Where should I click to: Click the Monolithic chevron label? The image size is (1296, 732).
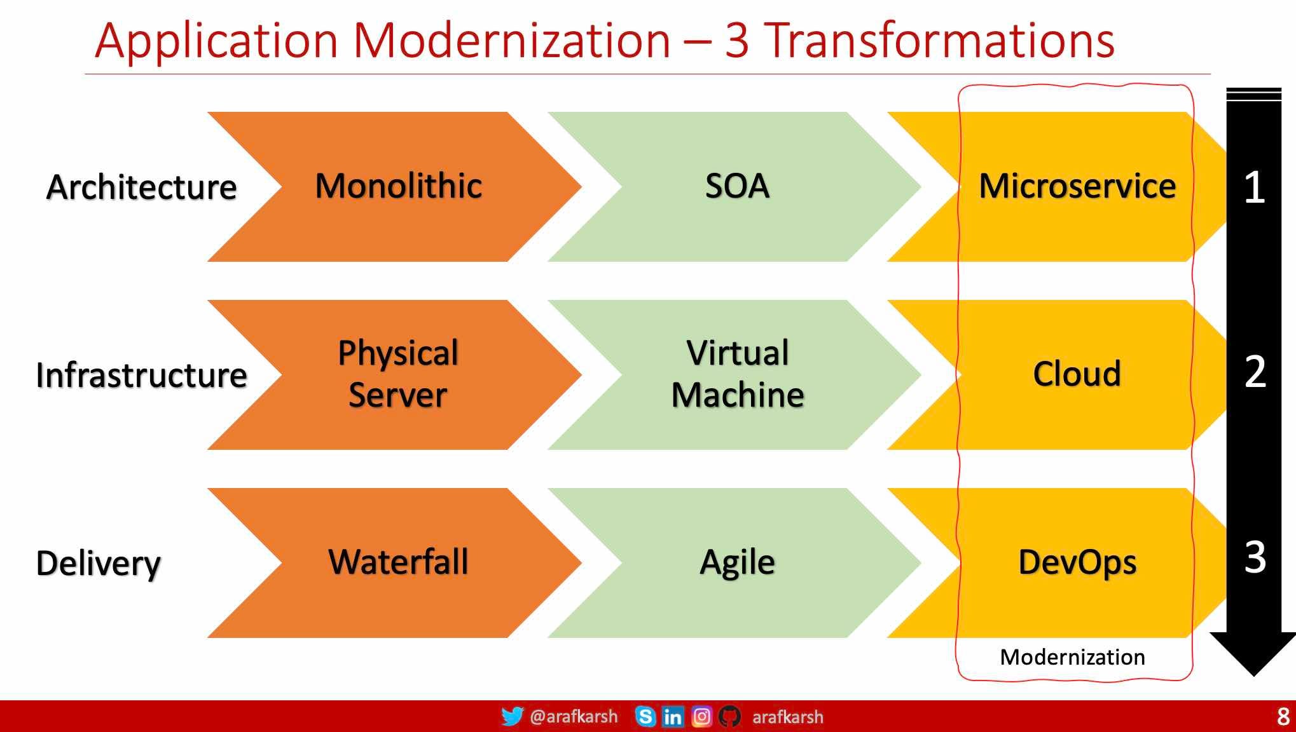(x=399, y=186)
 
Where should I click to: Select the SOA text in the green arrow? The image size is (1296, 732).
(x=738, y=186)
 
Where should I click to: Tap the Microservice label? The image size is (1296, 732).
(x=1077, y=186)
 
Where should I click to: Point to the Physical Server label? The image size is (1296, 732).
(x=398, y=374)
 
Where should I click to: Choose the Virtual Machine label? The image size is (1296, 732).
(x=738, y=374)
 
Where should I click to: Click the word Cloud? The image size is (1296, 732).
(x=1077, y=374)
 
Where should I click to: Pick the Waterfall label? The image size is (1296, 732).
(x=398, y=562)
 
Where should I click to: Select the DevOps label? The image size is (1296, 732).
(x=1077, y=563)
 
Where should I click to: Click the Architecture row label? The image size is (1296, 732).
(x=141, y=187)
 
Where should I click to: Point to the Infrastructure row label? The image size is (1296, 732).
(x=141, y=375)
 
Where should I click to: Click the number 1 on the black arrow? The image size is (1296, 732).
(x=1255, y=187)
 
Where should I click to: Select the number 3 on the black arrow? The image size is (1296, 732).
(x=1255, y=557)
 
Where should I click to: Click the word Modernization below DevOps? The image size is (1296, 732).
(x=1072, y=657)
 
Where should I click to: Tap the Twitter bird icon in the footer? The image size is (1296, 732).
(x=513, y=716)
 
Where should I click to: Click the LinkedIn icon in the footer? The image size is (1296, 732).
(x=673, y=717)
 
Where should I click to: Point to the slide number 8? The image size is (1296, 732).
(x=1283, y=717)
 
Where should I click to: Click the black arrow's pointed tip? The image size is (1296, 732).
(x=1253, y=676)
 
